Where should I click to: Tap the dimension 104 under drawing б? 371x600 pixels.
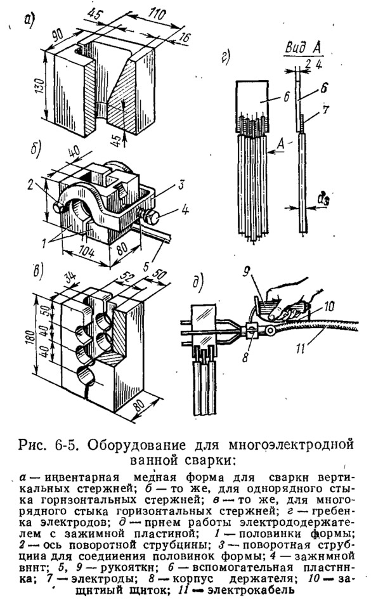pos(88,253)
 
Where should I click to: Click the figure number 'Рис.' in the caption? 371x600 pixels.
pos(33,447)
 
